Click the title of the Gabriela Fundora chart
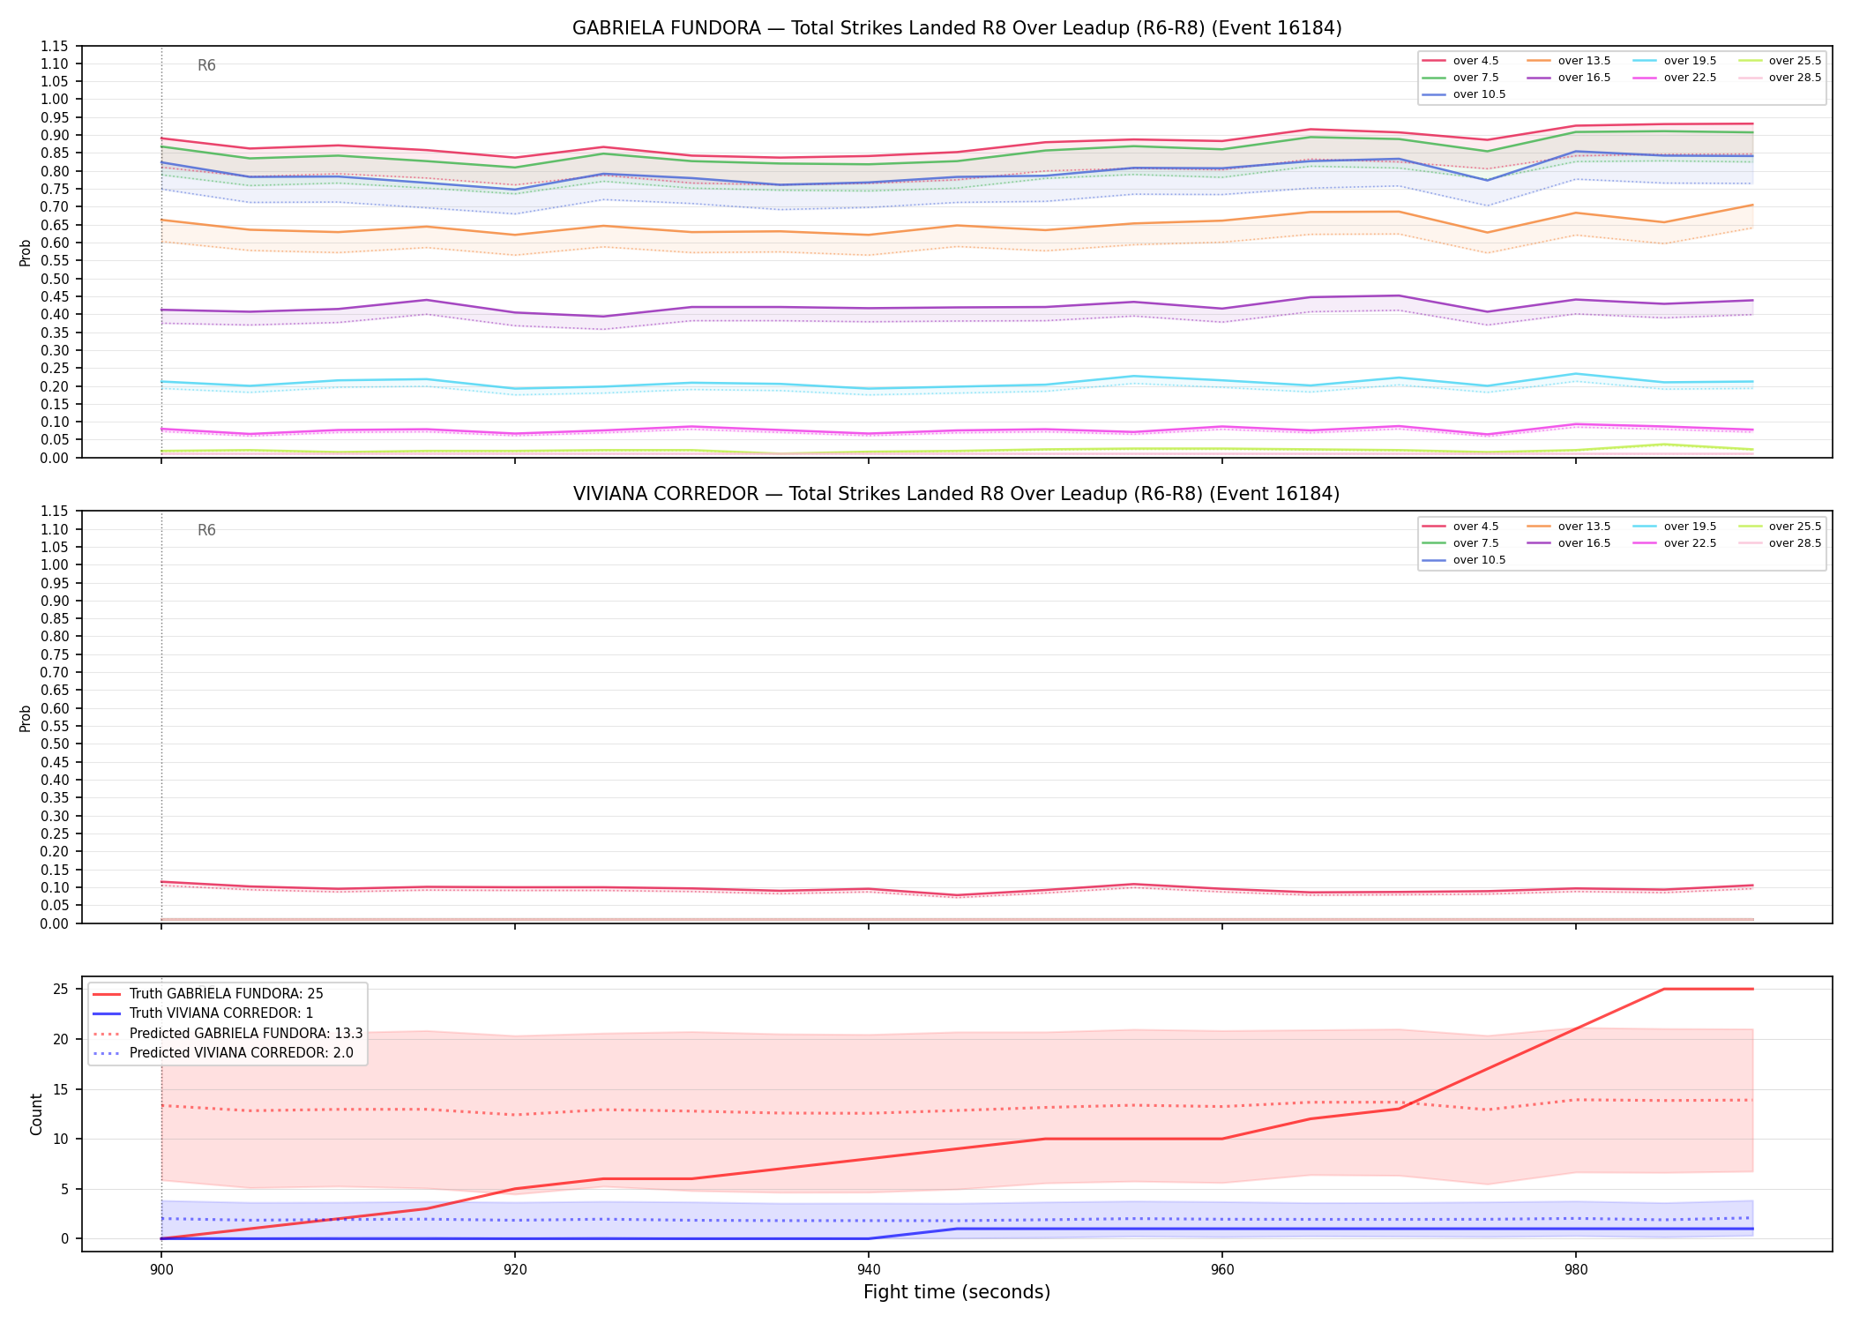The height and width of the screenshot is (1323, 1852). (957, 28)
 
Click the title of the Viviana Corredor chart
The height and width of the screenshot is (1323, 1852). (957, 494)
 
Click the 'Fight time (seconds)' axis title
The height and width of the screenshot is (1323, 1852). (957, 1293)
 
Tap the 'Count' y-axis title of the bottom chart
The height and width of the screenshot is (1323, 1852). (36, 1114)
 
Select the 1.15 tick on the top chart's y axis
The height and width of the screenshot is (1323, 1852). (55, 46)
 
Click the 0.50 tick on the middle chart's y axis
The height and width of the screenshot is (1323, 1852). (55, 744)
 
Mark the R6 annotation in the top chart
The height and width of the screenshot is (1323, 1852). (206, 65)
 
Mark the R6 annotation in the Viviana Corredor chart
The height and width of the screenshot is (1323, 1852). (206, 530)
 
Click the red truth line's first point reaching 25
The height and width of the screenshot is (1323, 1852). (1664, 990)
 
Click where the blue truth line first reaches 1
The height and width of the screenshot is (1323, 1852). (957, 1229)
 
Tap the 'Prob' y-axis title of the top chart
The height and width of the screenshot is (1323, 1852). (26, 253)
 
